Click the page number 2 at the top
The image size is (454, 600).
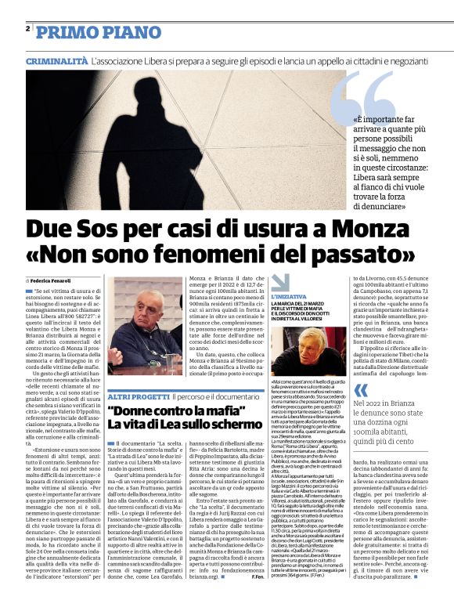27,28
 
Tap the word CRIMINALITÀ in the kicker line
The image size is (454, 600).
57,60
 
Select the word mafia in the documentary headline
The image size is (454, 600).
215,411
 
